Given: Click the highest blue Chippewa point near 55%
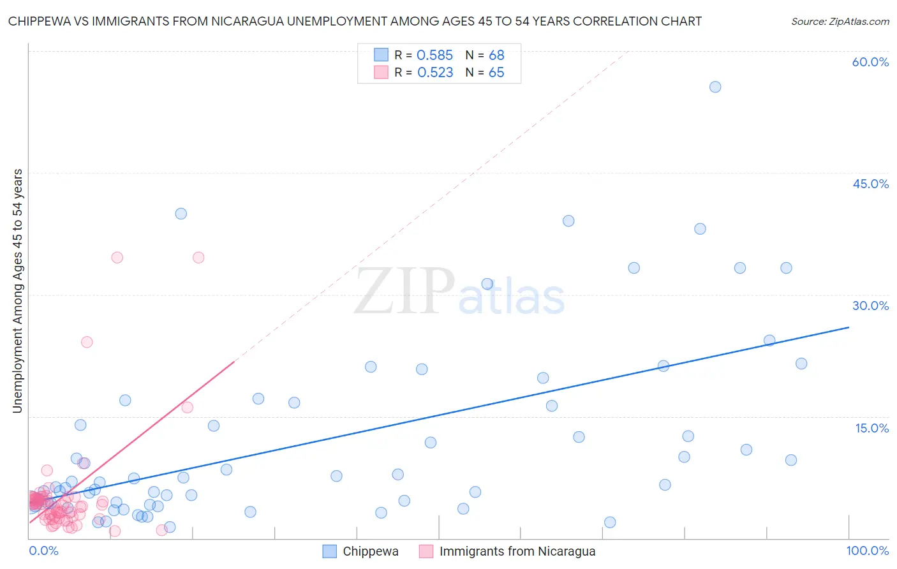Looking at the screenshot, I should click(x=715, y=87).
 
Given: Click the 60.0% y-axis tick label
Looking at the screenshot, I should click(x=870, y=62).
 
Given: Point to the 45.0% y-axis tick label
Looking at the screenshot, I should click(x=870, y=184).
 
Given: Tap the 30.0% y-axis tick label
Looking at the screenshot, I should click(x=870, y=306).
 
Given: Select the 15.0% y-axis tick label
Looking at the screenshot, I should click(x=871, y=428).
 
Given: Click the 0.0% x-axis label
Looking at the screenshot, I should click(x=43, y=551).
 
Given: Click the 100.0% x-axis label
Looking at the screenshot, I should click(x=867, y=551).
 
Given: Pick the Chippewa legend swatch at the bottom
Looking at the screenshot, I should click(x=329, y=551).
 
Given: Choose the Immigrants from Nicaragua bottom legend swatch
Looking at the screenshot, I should click(x=426, y=551).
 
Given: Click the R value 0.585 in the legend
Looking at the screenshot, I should click(x=434, y=55).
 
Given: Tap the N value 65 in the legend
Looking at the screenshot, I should click(x=496, y=72).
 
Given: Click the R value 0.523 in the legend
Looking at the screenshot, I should click(x=435, y=72).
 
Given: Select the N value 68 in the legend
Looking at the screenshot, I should click(x=496, y=55).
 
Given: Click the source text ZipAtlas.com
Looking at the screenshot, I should click(x=840, y=21).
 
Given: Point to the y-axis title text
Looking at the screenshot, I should click(x=18, y=291).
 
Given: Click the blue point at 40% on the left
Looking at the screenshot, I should click(x=181, y=214).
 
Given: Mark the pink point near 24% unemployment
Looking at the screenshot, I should click(x=87, y=342).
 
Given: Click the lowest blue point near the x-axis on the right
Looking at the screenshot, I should click(x=610, y=522).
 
